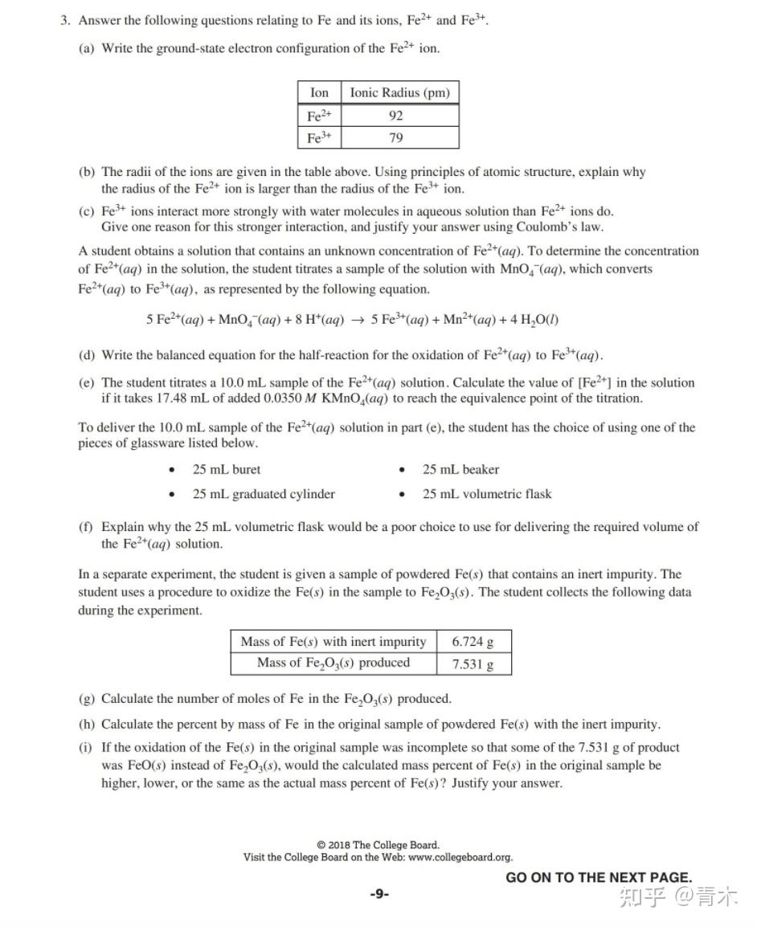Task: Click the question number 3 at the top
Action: [x=65, y=21]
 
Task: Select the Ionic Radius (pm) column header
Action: [x=399, y=92]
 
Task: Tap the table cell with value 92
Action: [x=395, y=116]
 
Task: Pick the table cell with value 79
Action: [x=395, y=138]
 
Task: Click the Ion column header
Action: [x=319, y=92]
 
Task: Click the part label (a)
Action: [x=87, y=48]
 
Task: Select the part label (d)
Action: [x=87, y=355]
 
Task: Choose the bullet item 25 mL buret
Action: [x=226, y=470]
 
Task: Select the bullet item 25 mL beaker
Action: [x=460, y=470]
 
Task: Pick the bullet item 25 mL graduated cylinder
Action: [x=264, y=494]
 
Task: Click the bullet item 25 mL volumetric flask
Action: [x=487, y=494]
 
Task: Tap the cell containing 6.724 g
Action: [x=473, y=642]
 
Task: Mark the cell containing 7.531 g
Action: [x=473, y=664]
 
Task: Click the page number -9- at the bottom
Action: [x=379, y=893]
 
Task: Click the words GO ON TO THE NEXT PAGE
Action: [x=598, y=877]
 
